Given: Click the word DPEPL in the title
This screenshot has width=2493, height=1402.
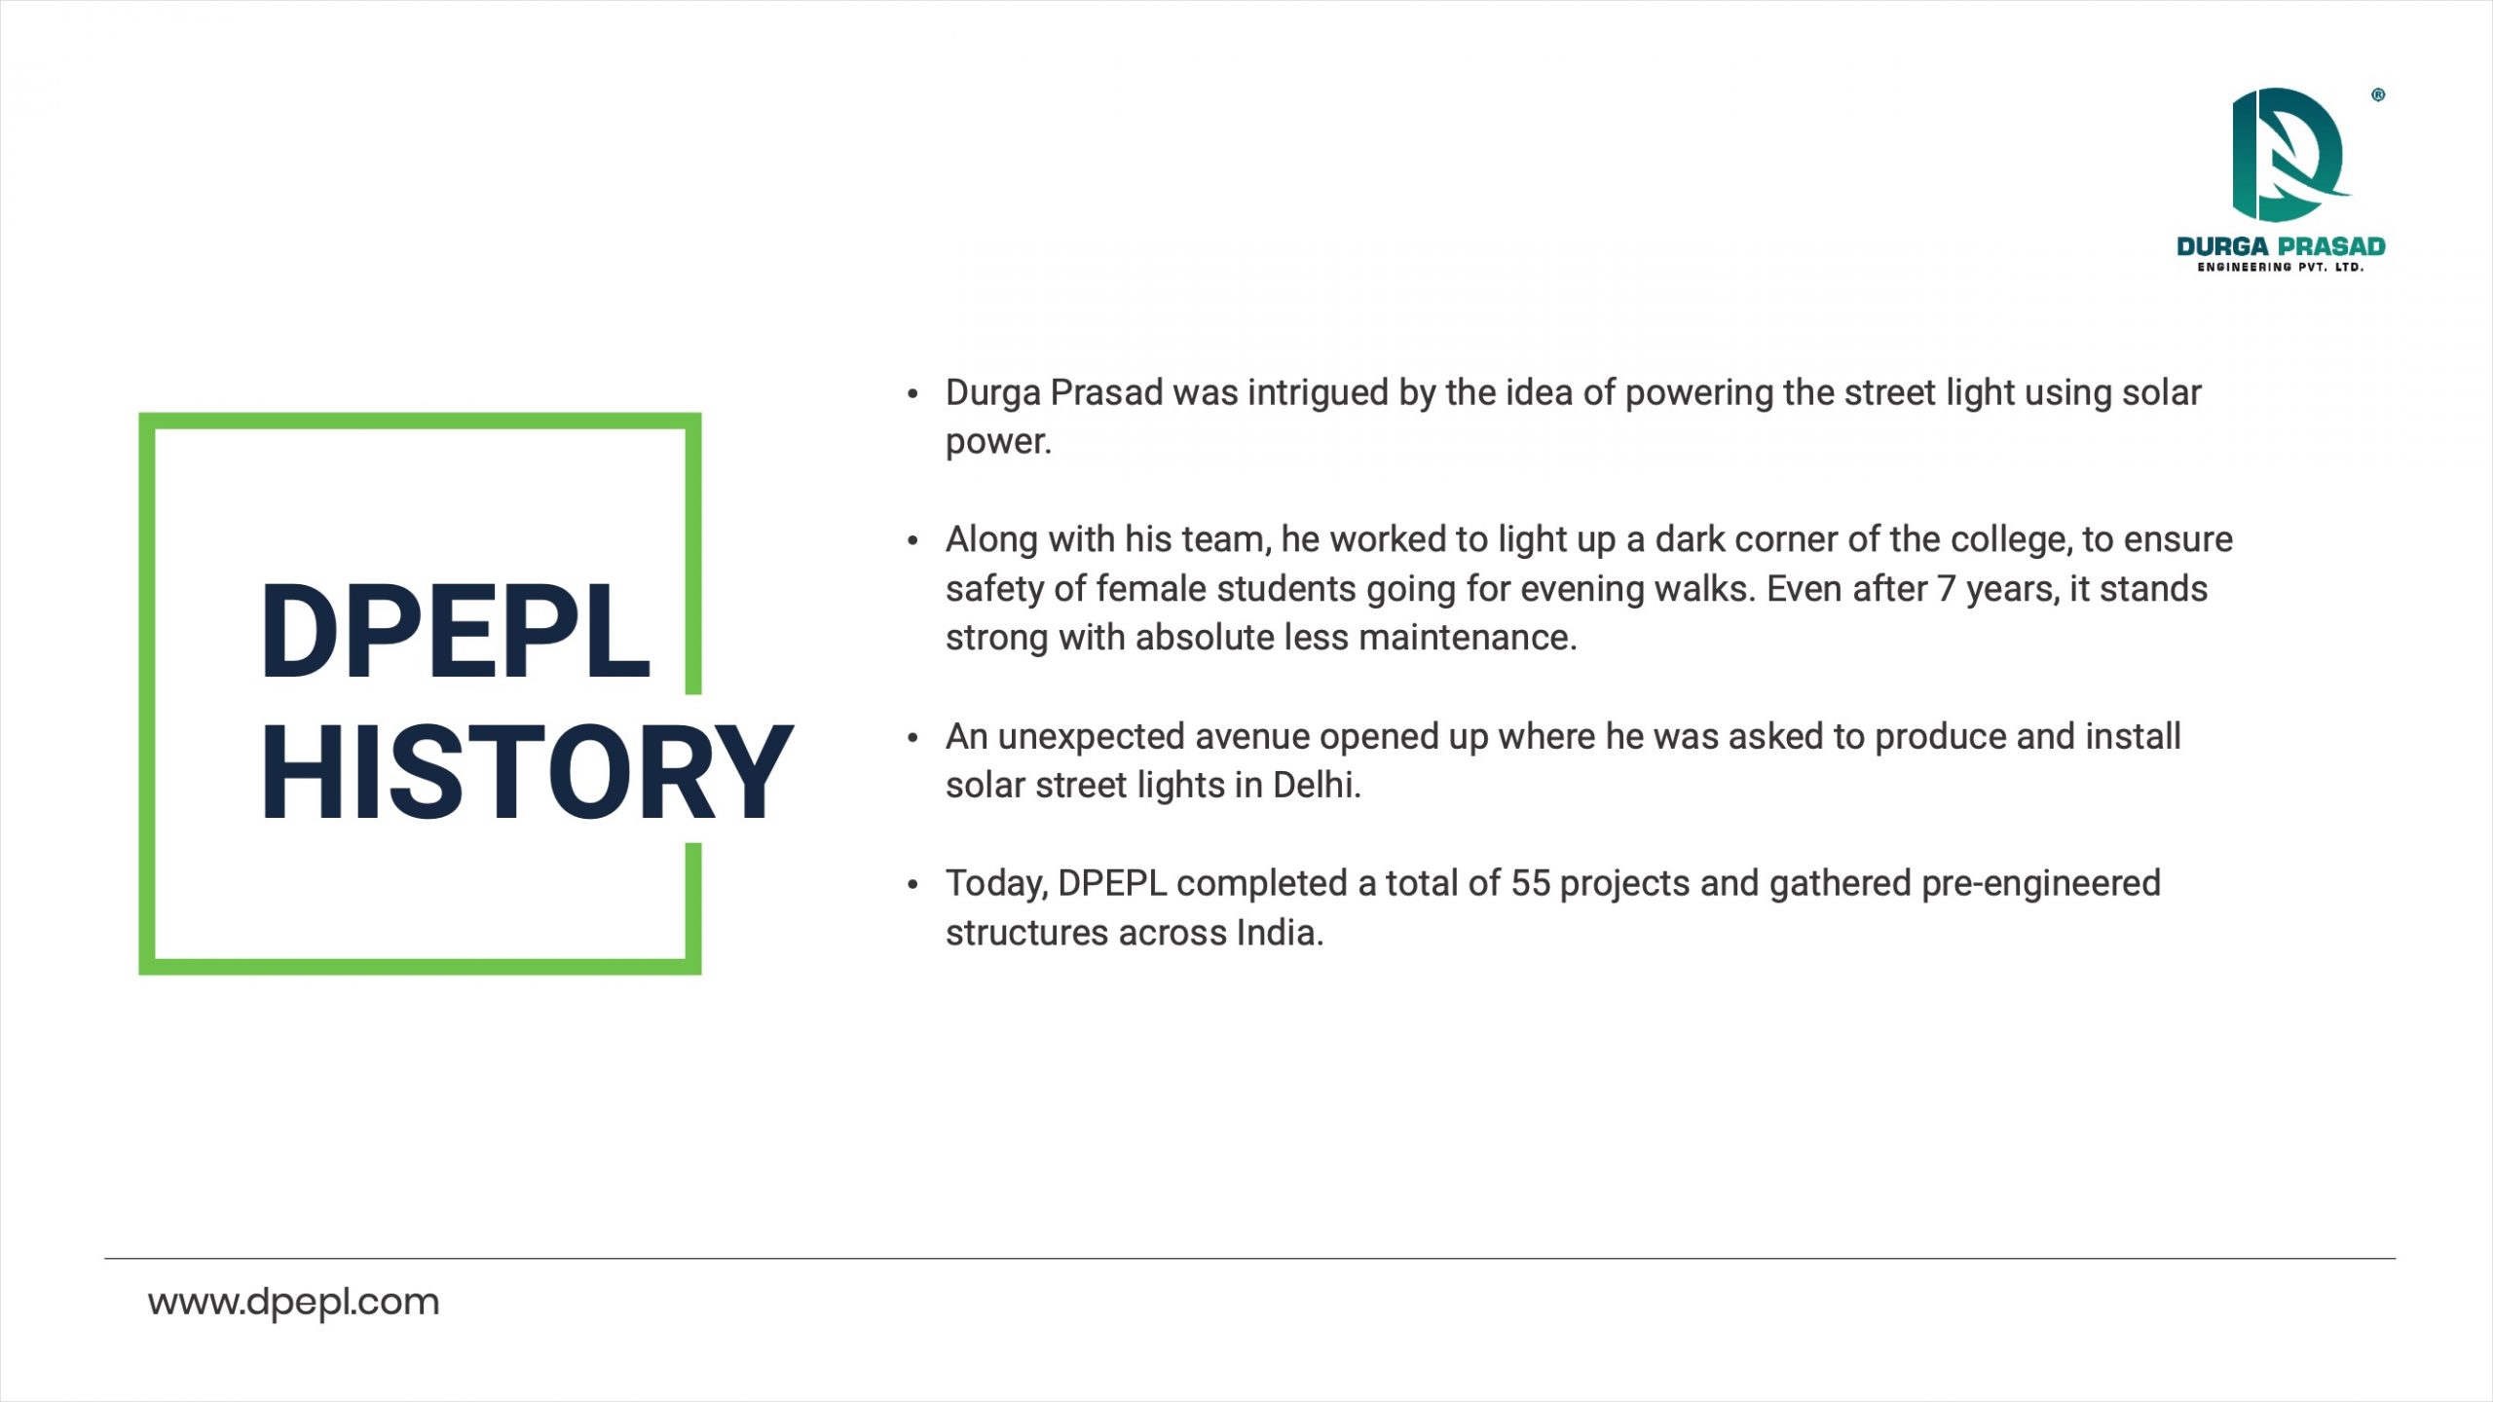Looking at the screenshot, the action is click(455, 631).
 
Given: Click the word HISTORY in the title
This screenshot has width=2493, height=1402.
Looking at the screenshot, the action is click(527, 773).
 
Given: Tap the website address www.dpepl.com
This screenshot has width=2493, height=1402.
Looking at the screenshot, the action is click(293, 1303).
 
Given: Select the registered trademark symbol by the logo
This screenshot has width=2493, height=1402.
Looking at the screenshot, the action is click(2378, 94).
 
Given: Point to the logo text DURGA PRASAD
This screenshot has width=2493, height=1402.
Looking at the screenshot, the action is click(2281, 246).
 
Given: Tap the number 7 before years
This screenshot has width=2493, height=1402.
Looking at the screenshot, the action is click(1946, 590).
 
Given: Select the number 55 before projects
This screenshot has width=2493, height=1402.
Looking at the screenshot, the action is click(1530, 884).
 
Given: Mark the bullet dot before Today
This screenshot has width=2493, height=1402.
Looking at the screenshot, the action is click(912, 884).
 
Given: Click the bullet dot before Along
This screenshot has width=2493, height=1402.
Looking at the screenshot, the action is click(912, 540).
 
